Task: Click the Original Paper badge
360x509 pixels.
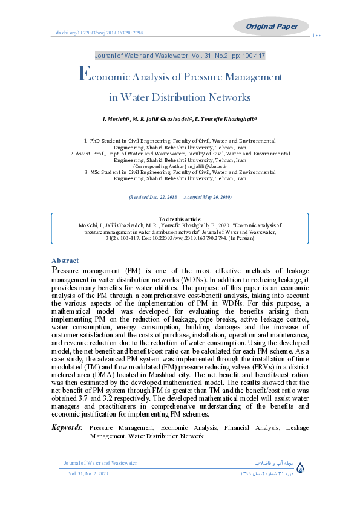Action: (272, 26)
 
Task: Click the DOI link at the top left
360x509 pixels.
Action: (99, 33)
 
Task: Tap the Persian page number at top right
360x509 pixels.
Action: (317, 36)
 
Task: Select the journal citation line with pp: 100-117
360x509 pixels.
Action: (180, 56)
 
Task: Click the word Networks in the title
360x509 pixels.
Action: (229, 97)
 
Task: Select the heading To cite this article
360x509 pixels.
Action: (180, 218)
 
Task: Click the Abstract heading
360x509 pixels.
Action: (65, 261)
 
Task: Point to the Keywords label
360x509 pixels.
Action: (67, 427)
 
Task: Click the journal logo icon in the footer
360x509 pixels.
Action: (303, 468)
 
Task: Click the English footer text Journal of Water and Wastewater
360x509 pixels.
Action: (100, 463)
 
